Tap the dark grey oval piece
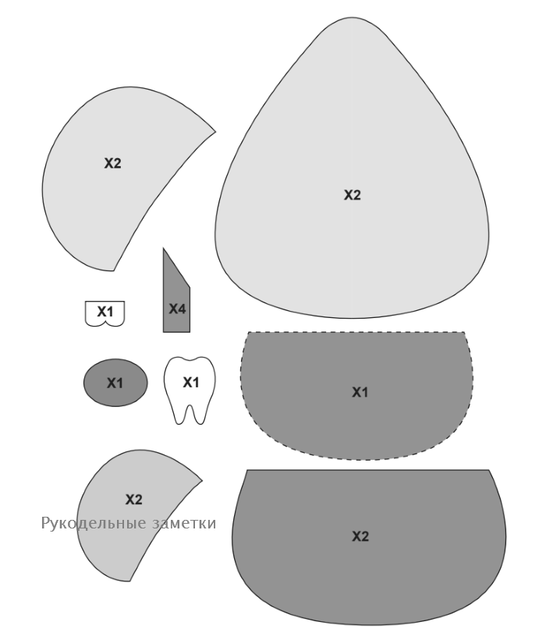(115, 383)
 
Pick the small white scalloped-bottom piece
(105, 313)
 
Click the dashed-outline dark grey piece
(357, 395)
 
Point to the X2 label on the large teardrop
(352, 195)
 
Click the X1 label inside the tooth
(190, 382)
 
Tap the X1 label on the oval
(115, 383)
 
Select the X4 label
(177, 309)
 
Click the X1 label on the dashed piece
(360, 392)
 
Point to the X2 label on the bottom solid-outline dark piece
(360, 536)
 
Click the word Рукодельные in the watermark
(94, 523)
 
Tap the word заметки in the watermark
(184, 524)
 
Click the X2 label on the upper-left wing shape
(112, 163)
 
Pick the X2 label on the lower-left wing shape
(133, 500)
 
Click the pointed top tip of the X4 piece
(163, 249)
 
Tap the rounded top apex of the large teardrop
(352, 18)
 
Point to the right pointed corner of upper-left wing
(215, 131)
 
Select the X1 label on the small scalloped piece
(105, 311)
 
